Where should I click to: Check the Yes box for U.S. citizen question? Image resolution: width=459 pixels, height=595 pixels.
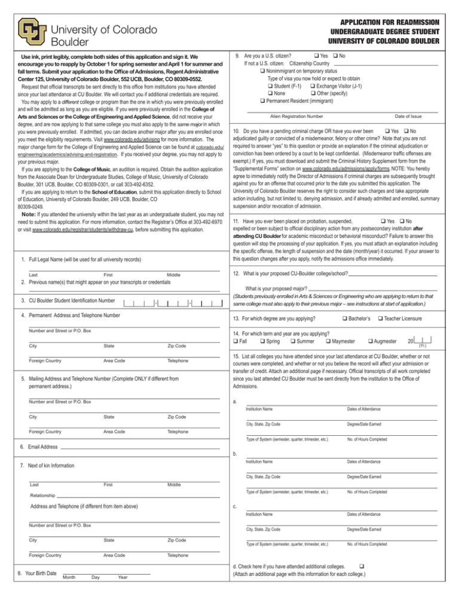click(316, 55)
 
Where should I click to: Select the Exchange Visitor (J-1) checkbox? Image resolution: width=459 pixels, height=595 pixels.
click(313, 86)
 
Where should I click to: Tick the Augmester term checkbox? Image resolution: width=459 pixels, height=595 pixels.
click(372, 341)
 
